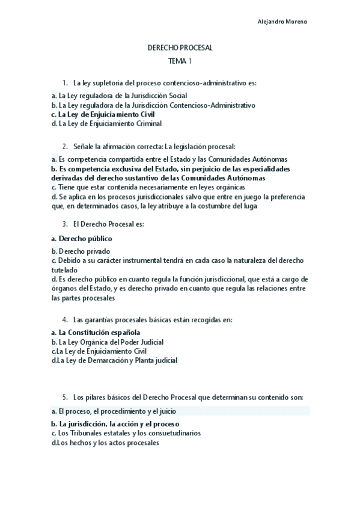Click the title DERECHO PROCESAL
pyautogui.click(x=180, y=48)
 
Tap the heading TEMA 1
pyautogui.click(x=180, y=61)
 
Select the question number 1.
pyautogui.click(x=64, y=82)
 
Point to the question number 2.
pyautogui.click(x=64, y=146)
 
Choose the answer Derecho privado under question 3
pyautogui.click(x=85, y=251)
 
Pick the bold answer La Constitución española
pyautogui.click(x=99, y=332)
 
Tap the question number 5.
pyautogui.click(x=64, y=398)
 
